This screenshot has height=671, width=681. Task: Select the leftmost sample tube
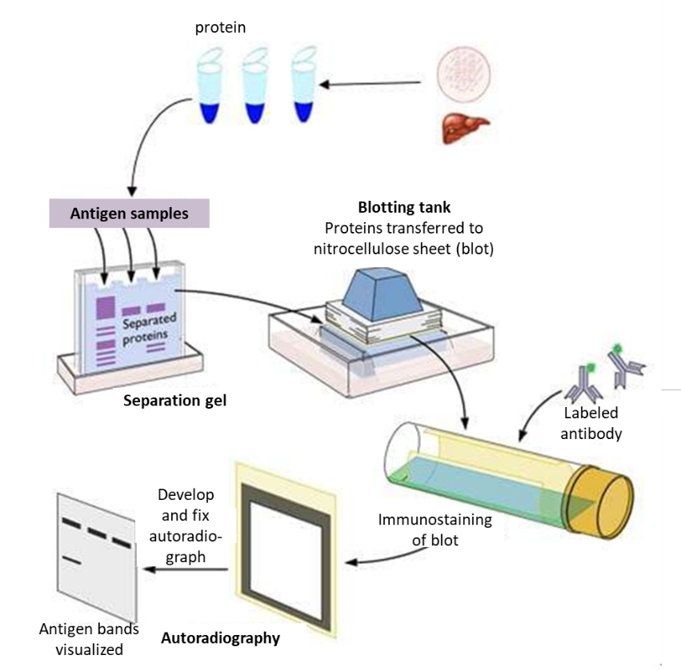(x=210, y=87)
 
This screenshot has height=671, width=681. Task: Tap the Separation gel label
(x=174, y=399)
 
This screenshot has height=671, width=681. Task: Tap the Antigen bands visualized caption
(x=88, y=639)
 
